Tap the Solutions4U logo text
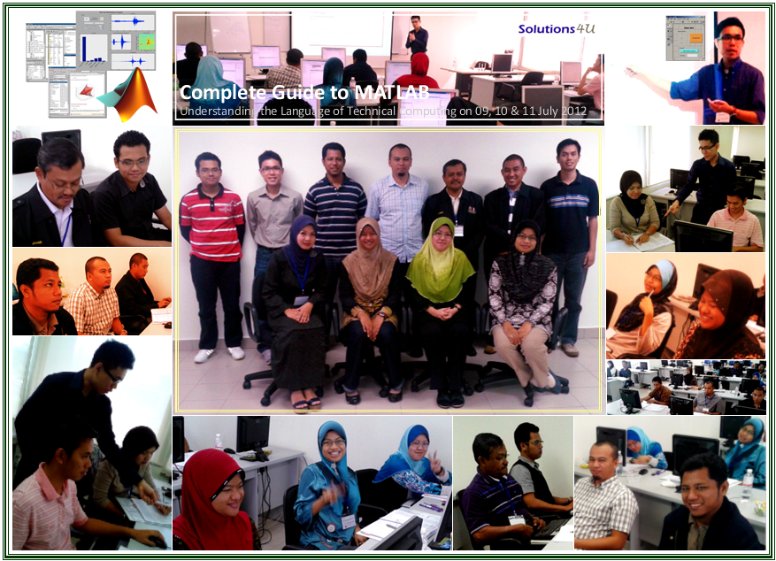click(557, 28)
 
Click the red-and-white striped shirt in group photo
click(211, 221)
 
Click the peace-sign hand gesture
click(434, 461)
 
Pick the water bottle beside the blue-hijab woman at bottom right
click(748, 485)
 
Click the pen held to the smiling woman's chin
click(653, 296)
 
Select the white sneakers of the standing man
click(219, 354)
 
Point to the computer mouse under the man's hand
click(158, 542)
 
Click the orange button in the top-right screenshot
click(695, 37)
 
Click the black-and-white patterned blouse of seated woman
click(523, 296)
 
